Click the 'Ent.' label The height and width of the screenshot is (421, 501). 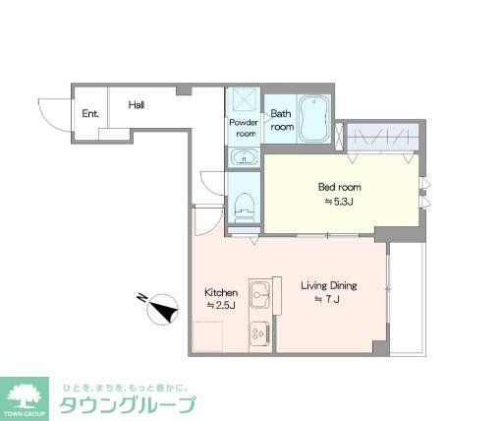coord(90,113)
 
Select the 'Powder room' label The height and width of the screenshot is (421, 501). coord(243,128)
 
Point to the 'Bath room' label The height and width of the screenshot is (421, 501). coord(282,120)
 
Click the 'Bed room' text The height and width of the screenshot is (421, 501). coord(339,187)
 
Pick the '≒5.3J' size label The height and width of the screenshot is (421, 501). coord(338,203)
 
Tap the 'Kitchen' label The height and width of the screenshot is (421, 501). coord(221,292)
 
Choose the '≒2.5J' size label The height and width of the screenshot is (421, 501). coord(219,307)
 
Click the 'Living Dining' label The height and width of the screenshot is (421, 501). coord(328,286)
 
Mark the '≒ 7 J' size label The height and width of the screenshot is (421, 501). coord(327,300)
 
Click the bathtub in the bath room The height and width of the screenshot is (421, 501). coord(314,118)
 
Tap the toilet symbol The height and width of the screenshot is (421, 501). coord(245,208)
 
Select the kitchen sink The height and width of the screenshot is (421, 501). coord(261,293)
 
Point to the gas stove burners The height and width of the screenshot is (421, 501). coord(260,332)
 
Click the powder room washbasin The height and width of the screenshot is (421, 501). coord(243,157)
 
